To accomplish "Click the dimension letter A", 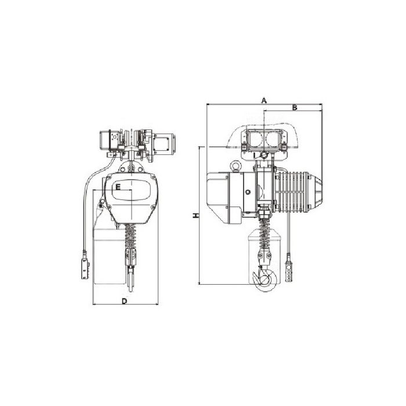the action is (x=263, y=100).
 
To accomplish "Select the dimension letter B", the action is (x=295, y=107).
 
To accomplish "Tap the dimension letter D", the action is (x=125, y=301).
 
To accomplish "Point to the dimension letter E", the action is (x=118, y=187).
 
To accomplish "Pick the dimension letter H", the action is (x=196, y=215).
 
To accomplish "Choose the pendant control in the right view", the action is (x=288, y=271).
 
